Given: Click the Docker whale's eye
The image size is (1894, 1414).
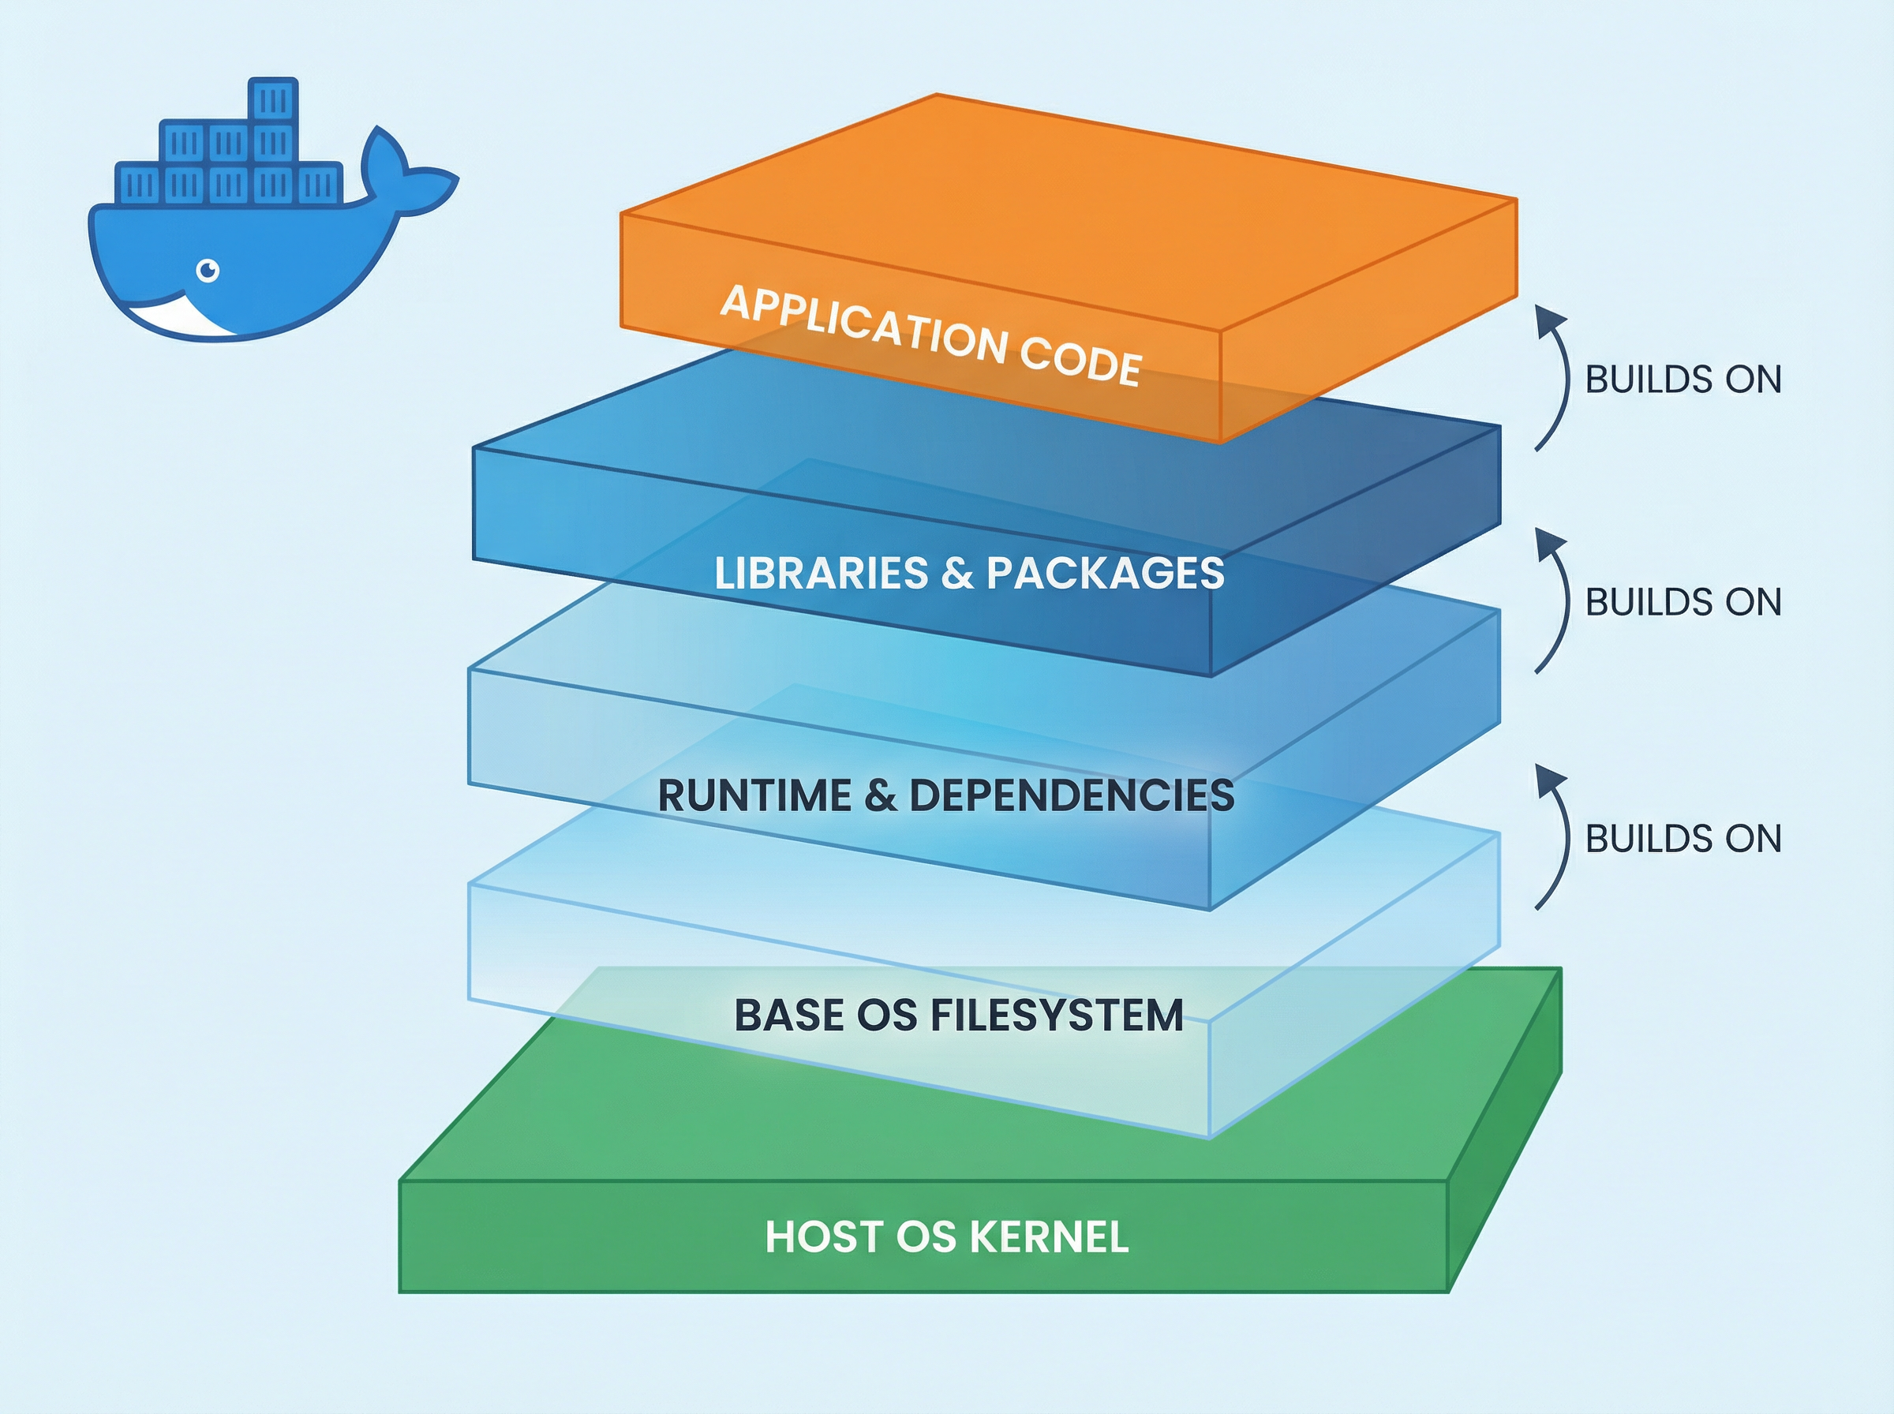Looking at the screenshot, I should pyautogui.click(x=208, y=271).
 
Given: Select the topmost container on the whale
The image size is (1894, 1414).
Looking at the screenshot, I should pyautogui.click(x=273, y=100).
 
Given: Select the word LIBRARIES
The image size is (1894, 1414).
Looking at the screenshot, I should pyautogui.click(x=821, y=573).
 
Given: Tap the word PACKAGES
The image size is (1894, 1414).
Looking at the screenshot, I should pyautogui.click(x=1105, y=573).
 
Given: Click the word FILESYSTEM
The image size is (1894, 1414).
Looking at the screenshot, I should pyautogui.click(x=1056, y=1016).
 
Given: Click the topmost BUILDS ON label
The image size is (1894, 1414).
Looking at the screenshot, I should pyautogui.click(x=1683, y=380).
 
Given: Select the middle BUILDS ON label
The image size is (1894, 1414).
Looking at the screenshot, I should pyautogui.click(x=1683, y=602).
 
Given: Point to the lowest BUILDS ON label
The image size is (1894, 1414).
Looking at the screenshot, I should pyautogui.click(x=1683, y=838).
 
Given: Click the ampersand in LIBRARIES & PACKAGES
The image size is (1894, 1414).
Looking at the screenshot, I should pyautogui.click(x=956, y=573).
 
